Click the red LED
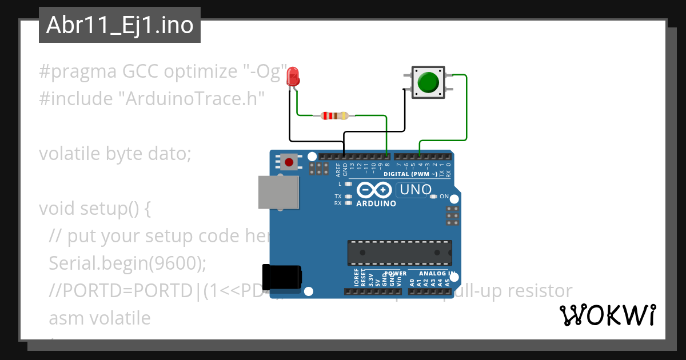tap(293, 77)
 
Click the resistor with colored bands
tap(335, 116)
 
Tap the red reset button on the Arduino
tap(289, 162)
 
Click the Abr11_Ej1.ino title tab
tap(119, 25)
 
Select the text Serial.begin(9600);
tap(127, 263)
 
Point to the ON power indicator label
tap(444, 197)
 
